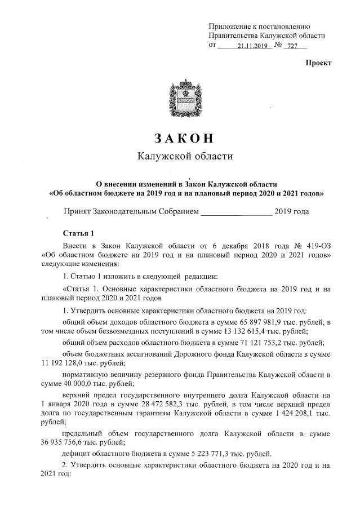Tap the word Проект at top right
318,63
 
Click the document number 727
292,47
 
